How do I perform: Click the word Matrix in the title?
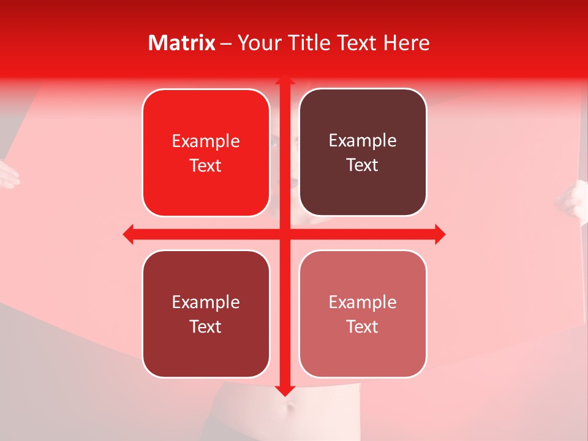coord(182,43)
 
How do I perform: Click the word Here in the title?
coord(407,43)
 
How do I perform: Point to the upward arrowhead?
coord(284,81)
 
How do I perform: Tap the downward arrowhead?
coord(284,390)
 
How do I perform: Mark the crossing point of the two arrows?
coord(284,234)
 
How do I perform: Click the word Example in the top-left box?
coord(206,141)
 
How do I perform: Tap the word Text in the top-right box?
coord(363,165)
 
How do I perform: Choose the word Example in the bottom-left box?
coord(206,302)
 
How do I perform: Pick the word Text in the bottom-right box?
coord(363,326)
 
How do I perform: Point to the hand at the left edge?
coord(9,174)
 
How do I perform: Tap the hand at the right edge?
coord(575,199)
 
